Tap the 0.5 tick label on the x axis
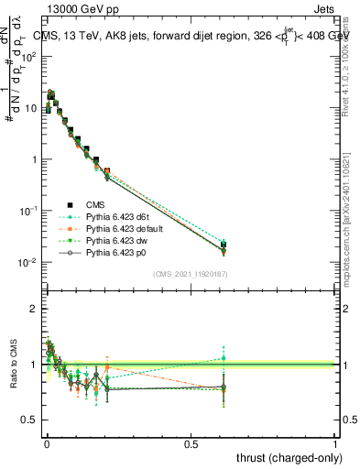pyautogui.click(x=191, y=443)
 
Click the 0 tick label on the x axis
pyautogui.click(x=47, y=443)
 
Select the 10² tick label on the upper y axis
pyautogui.click(x=27, y=57)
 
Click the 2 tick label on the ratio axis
pyautogui.click(x=32, y=309)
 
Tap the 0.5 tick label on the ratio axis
pyautogui.click(x=27, y=420)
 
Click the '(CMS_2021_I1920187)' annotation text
pyautogui.click(x=190, y=273)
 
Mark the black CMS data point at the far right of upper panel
pyautogui.click(x=223, y=245)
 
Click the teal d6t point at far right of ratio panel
pyautogui.click(x=223, y=358)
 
